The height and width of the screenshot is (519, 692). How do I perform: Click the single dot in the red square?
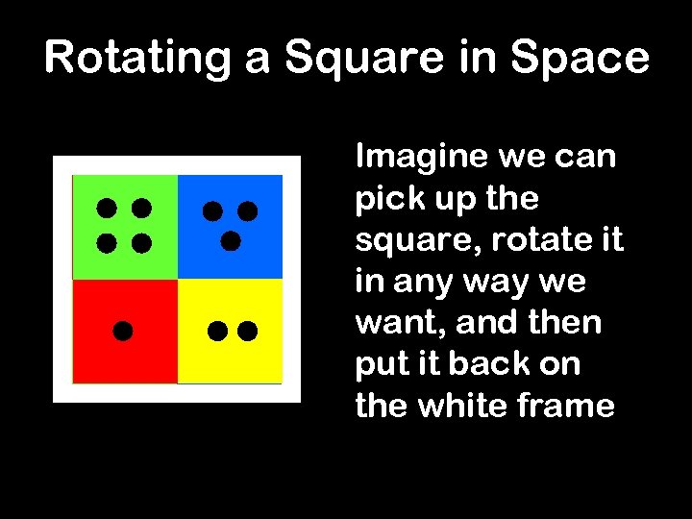click(x=122, y=332)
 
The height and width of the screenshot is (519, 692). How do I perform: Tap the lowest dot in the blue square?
click(x=230, y=241)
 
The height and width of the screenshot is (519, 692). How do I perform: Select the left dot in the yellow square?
click(x=217, y=332)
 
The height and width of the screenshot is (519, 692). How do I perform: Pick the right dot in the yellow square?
click(x=248, y=332)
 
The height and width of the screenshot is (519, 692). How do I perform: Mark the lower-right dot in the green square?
click(x=141, y=242)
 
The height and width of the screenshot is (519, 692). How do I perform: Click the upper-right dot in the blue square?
click(x=248, y=210)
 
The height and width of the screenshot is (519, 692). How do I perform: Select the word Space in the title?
click(x=581, y=58)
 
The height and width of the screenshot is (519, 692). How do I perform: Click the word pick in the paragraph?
click(x=381, y=200)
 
